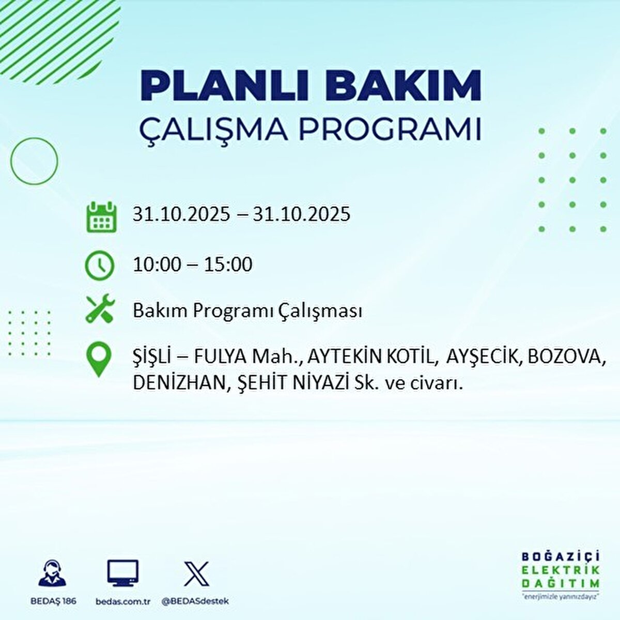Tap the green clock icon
point(99,265)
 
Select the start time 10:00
point(157,265)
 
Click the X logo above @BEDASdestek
point(196,574)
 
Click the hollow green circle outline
point(34,161)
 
